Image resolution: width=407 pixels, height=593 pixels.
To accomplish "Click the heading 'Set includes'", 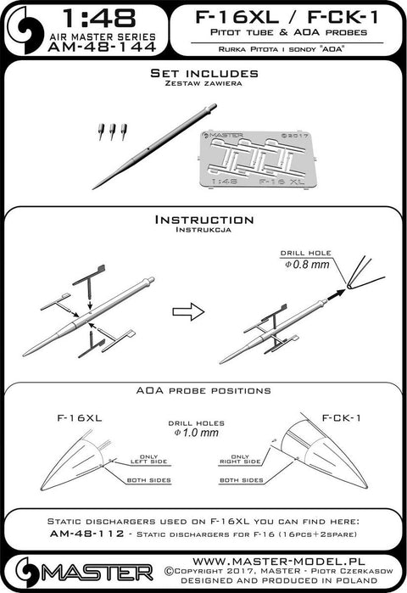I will pos(203,74).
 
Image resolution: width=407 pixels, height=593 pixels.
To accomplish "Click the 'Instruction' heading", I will pos(203,219).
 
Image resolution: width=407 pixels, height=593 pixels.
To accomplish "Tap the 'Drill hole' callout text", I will pos(298,252).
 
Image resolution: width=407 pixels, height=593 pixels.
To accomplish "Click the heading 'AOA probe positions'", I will pos(203,390).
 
